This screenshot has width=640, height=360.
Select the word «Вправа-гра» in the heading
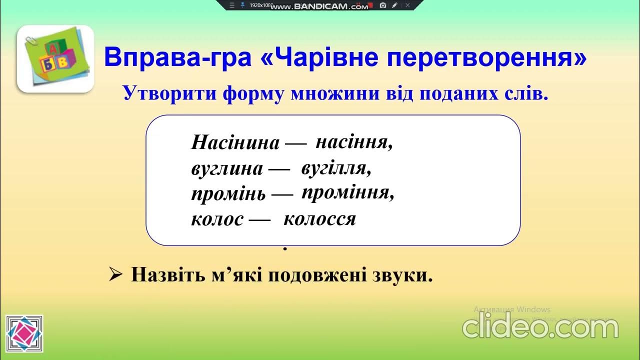tap(177, 57)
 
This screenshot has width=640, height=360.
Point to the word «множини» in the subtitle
tap(335, 93)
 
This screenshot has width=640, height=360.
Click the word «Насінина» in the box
tap(235, 142)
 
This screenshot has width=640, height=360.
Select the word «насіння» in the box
tap(354, 141)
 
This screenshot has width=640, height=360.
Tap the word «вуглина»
tap(227, 169)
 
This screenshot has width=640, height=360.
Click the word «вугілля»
tap(336, 168)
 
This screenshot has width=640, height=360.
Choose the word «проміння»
tap(348, 193)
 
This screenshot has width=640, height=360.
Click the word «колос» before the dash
tap(217, 219)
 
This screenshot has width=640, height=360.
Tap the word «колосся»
tap(319, 219)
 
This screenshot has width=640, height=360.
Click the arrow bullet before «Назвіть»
tap(115, 275)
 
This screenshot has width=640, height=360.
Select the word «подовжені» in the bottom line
tap(317, 275)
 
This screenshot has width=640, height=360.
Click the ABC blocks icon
tap(55, 59)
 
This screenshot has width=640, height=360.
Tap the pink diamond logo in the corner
tap(24, 333)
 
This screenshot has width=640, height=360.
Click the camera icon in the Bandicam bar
tap(383, 5)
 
